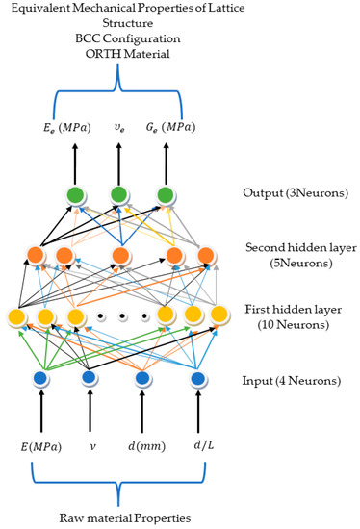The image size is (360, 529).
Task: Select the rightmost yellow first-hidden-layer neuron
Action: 219,314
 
